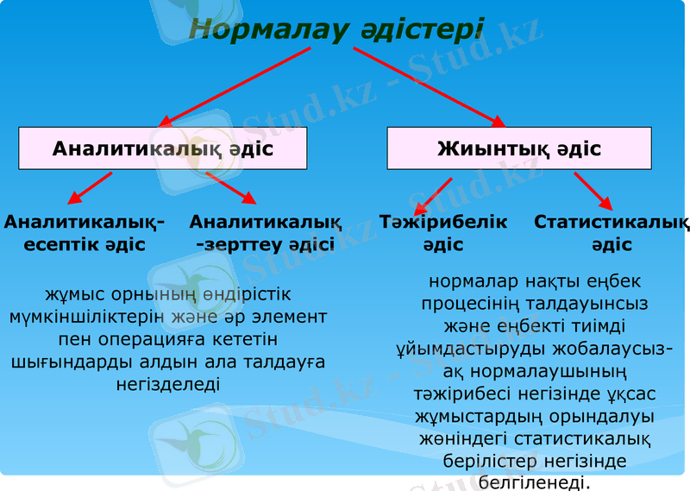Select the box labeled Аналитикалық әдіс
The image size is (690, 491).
[x=163, y=148]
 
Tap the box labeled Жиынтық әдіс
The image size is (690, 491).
[x=519, y=148]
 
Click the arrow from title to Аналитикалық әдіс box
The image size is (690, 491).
[x=233, y=87]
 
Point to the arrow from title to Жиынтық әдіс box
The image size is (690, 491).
[x=431, y=87]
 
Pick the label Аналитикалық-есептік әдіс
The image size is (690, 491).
[x=85, y=233]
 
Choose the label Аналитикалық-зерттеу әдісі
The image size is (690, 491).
[x=265, y=233]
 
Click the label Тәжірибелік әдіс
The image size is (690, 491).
[x=443, y=233]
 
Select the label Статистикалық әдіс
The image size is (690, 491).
[x=612, y=233]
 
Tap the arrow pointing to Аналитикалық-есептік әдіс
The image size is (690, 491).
[x=90, y=187]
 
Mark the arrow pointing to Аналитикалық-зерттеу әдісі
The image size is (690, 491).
[x=231, y=187]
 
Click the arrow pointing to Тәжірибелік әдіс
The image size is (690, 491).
[x=433, y=196]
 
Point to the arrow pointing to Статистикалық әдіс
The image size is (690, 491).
[x=593, y=191]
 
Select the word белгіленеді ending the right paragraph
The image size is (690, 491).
[x=534, y=482]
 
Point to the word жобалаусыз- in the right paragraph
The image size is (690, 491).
[x=608, y=349]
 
